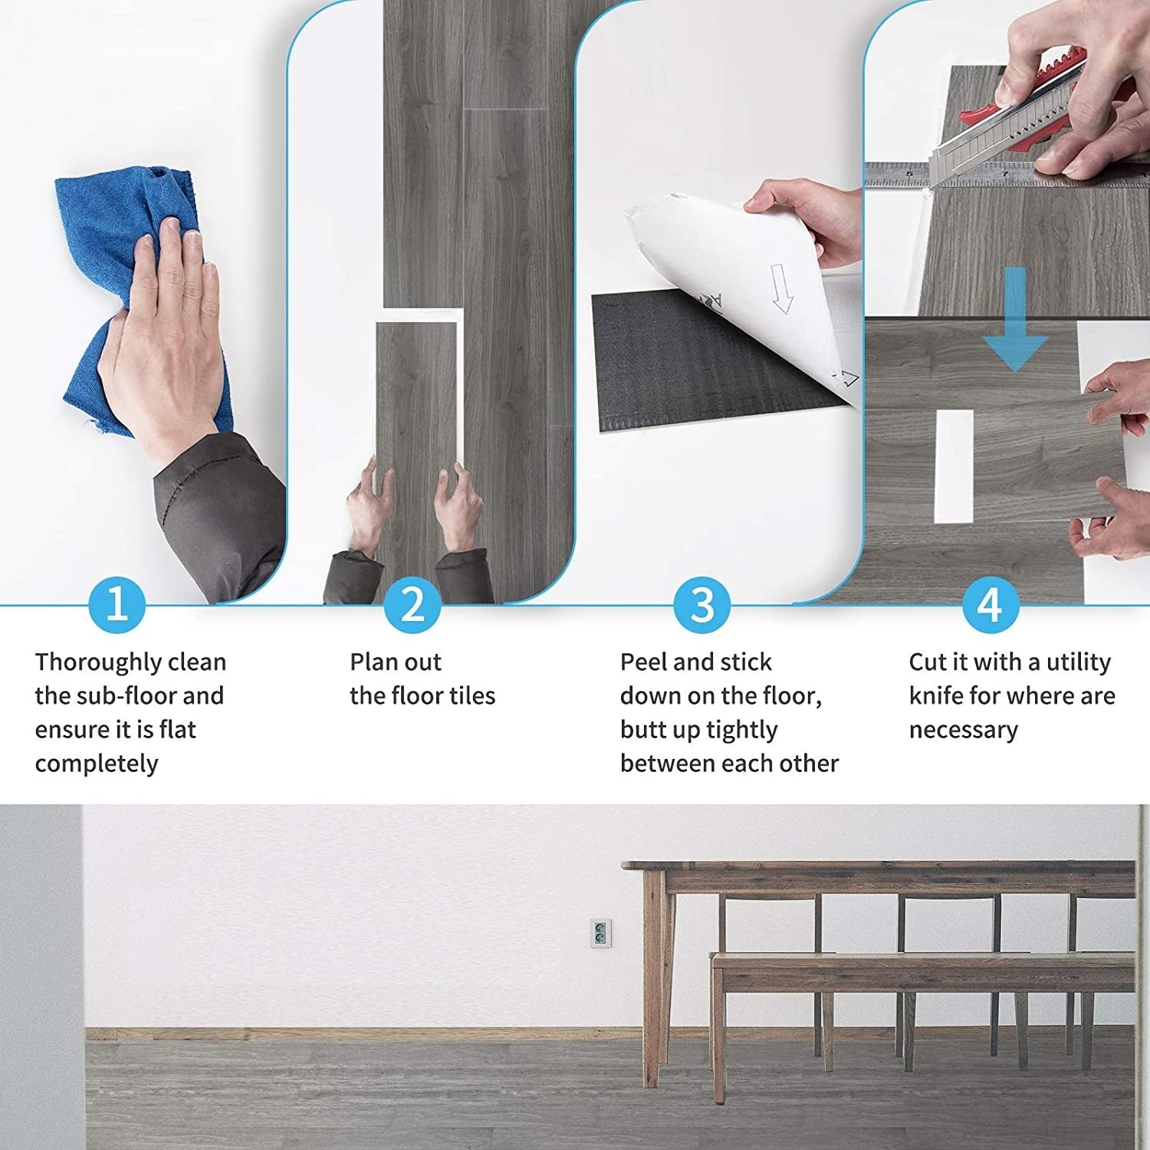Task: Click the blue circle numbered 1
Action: (117, 604)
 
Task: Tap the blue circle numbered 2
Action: (412, 604)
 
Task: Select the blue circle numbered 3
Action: (701, 604)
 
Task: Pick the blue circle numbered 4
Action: (990, 604)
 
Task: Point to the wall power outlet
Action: (600, 932)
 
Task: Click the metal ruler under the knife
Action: (897, 176)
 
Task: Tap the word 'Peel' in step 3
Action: (643, 662)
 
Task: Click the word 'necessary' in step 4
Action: (963, 730)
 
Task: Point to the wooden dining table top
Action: (882, 867)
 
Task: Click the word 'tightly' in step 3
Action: (741, 730)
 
